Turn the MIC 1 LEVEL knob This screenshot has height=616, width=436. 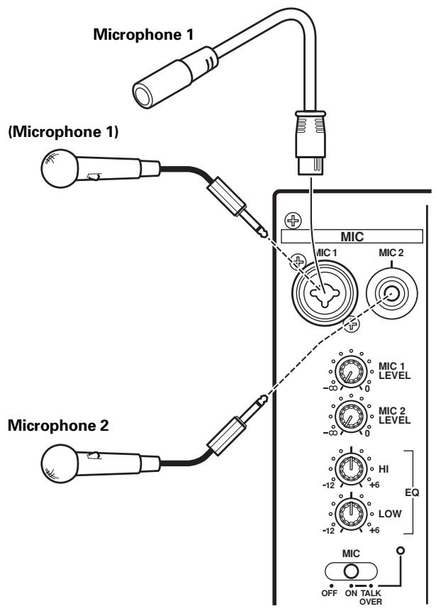pyautogui.click(x=349, y=371)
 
